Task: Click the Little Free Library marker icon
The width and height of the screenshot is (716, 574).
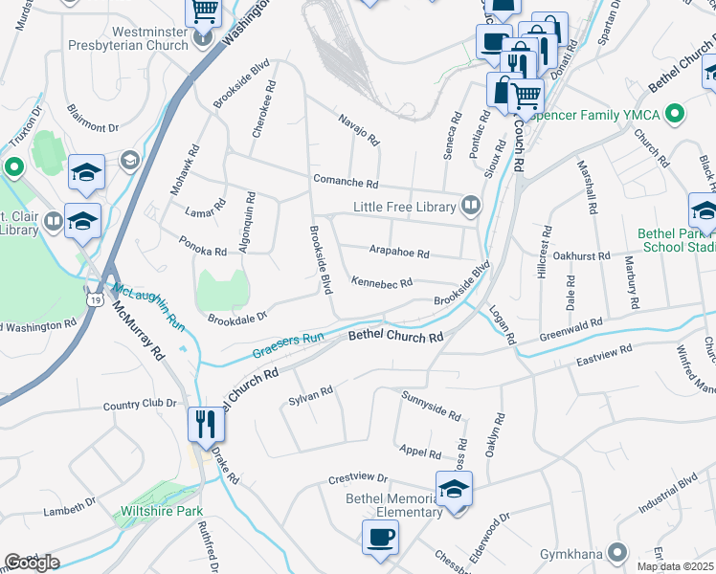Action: point(470,205)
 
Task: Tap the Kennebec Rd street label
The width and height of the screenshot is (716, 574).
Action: point(381,283)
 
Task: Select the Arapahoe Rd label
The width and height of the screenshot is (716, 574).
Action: point(399,254)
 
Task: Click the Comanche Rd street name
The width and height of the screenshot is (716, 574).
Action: point(346,182)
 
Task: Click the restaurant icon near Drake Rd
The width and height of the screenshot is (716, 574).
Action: point(204,423)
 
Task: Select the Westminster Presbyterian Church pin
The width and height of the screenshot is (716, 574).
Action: point(202,38)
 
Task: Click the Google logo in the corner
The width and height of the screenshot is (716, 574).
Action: point(32,563)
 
